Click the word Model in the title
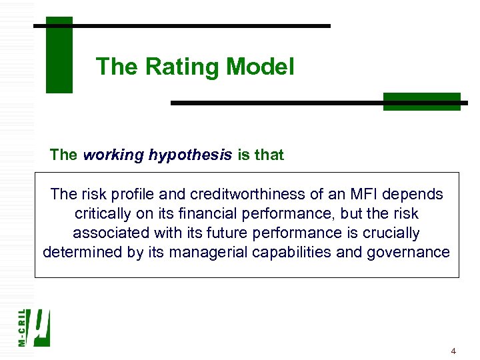point(260,67)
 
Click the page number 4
point(453,351)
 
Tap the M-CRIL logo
point(35,327)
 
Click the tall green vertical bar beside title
point(59,55)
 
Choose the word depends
point(418,195)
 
